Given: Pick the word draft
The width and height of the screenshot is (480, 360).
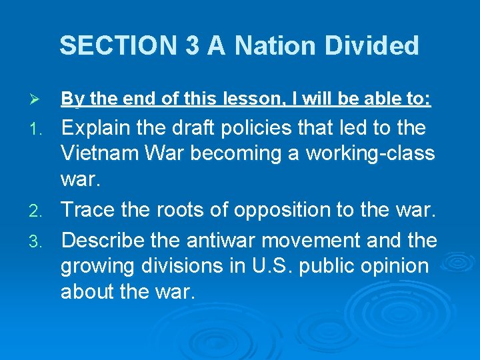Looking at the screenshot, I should pyautogui.click(x=203, y=127).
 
